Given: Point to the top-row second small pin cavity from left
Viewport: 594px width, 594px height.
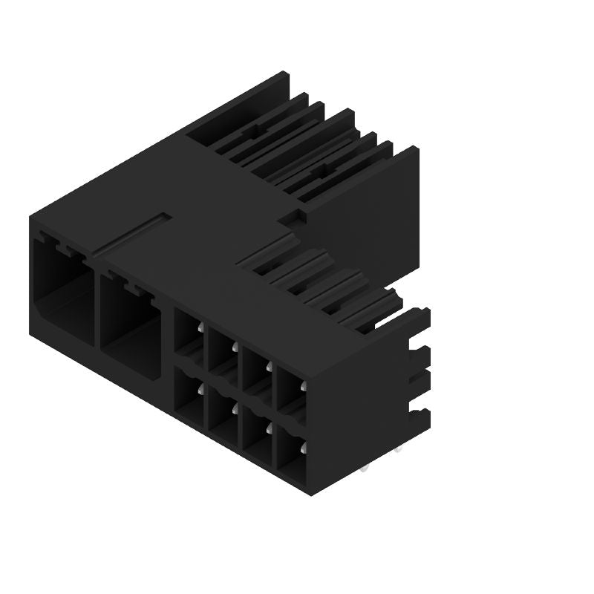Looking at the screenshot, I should click(x=223, y=353).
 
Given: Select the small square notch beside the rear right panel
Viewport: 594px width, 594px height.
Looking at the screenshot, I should click(x=296, y=218).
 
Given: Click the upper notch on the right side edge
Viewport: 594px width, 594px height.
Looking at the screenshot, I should click(x=420, y=352).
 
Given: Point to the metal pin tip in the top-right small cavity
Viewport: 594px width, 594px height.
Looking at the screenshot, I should click(x=304, y=385).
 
